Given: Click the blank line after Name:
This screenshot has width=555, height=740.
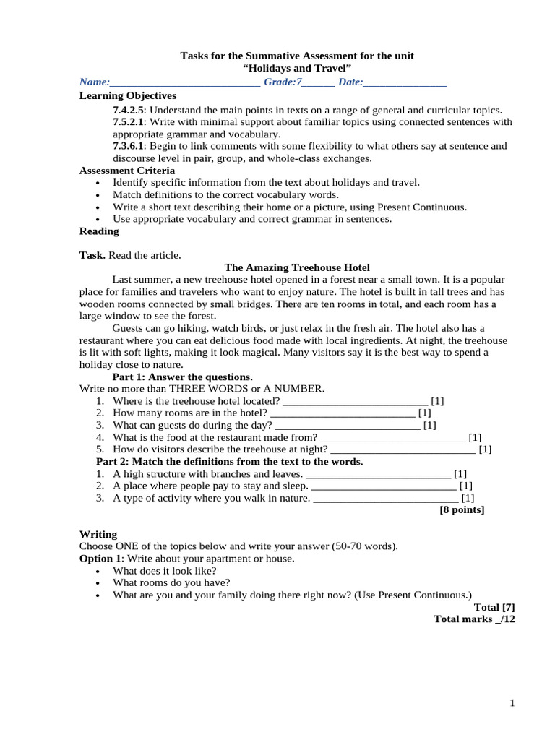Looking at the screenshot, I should click(185, 83).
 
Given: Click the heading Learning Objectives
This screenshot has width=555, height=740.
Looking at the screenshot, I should click(127, 95).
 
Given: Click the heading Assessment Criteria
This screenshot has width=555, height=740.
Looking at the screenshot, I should click(126, 171).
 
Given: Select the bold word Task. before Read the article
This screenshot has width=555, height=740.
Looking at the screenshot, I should click(92, 255).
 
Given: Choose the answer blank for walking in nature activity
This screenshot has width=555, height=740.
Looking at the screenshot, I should click(386, 499).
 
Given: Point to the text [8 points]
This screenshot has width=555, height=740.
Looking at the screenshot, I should click(462, 509).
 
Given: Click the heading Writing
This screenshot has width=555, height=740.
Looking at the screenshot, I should click(98, 534).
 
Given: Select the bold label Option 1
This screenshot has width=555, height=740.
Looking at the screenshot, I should click(100, 559).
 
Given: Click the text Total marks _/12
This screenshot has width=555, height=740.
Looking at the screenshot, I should click(474, 619).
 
